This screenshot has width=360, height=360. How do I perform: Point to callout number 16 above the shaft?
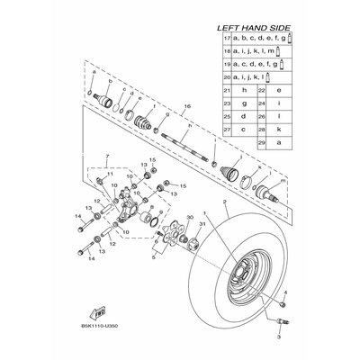[187, 106]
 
